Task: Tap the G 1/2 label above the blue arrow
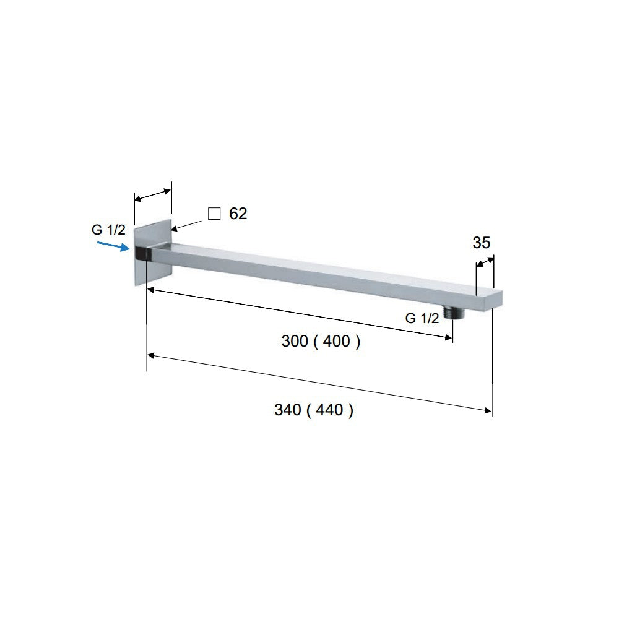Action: pyautogui.click(x=108, y=230)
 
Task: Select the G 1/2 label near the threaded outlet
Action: pyautogui.click(x=422, y=318)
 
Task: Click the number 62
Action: pyautogui.click(x=238, y=214)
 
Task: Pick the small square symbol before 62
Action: pyautogui.click(x=214, y=214)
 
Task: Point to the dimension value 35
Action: pyautogui.click(x=482, y=243)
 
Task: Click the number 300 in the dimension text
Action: pyautogui.click(x=295, y=341)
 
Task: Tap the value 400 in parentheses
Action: pyautogui.click(x=336, y=341)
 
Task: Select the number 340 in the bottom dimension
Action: pyautogui.click(x=288, y=410)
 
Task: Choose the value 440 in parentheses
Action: pyautogui.click(x=329, y=410)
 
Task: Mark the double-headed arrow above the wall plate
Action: pyautogui.click(x=153, y=195)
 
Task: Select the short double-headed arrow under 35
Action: pyautogui.click(x=485, y=264)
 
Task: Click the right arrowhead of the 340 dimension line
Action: pyautogui.click(x=488, y=409)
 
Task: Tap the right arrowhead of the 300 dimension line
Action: pyautogui.click(x=448, y=337)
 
